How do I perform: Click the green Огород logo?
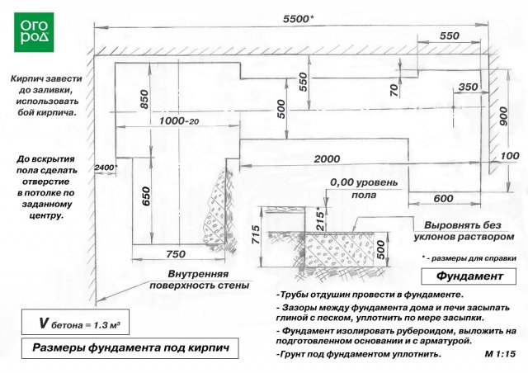tap(34, 32)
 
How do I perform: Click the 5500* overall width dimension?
tap(298, 19)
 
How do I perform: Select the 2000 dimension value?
tap(327, 158)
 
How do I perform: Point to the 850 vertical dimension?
tap(144, 99)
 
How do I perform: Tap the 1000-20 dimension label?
tap(179, 120)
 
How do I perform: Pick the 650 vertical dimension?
tap(146, 196)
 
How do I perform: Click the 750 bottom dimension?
tap(176, 254)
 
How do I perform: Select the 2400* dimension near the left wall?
tap(106, 168)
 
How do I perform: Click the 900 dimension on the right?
tap(502, 116)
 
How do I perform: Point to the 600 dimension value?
tap(443, 198)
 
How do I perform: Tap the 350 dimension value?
tap(468, 87)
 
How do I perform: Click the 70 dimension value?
tap(394, 90)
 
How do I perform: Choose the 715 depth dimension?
tap(256, 235)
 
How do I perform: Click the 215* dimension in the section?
tap(321, 220)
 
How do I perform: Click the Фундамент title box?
tap(469, 276)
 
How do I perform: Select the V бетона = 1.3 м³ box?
tap(75, 322)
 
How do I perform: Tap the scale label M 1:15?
tap(500, 354)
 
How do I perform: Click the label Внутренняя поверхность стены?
tap(199, 280)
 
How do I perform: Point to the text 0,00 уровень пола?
tap(364, 189)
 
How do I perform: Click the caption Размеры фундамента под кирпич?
tap(130, 348)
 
